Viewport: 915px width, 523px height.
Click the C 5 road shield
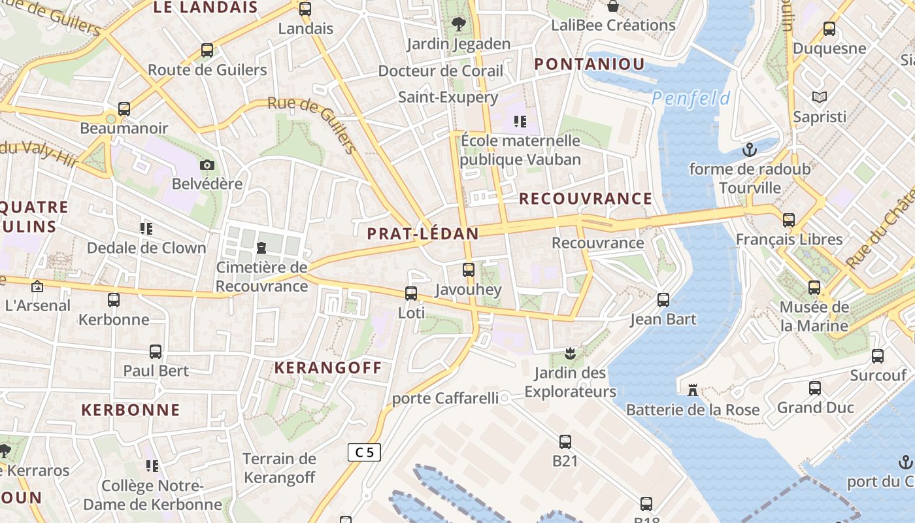pos(364,452)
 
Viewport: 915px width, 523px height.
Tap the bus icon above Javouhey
pos(468,269)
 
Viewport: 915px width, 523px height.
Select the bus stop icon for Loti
pos(411,294)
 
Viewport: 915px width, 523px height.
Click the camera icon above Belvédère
pos(207,165)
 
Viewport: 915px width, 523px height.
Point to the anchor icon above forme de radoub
pos(750,150)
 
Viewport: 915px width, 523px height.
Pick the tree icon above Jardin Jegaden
pos(459,24)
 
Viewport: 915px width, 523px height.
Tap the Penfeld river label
pos(691,99)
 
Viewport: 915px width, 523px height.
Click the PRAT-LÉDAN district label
pos(423,233)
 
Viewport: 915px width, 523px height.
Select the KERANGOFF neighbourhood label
pos(328,367)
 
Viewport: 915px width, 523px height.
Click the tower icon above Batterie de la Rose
pos(692,390)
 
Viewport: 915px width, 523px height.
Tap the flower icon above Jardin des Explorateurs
pos(570,354)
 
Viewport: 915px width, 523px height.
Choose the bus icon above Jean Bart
pos(663,300)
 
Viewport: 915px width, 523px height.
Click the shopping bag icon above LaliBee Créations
pos(613,6)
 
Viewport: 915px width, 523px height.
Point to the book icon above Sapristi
pos(819,97)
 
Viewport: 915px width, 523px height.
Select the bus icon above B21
pos(565,441)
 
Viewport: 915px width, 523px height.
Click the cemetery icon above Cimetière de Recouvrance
pos(261,247)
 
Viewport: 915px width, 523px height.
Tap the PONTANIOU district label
pos(590,64)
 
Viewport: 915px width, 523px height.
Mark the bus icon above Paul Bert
pos(156,351)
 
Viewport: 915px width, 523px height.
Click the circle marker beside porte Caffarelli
pos(505,397)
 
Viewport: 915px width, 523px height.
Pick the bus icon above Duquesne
pos(829,29)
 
